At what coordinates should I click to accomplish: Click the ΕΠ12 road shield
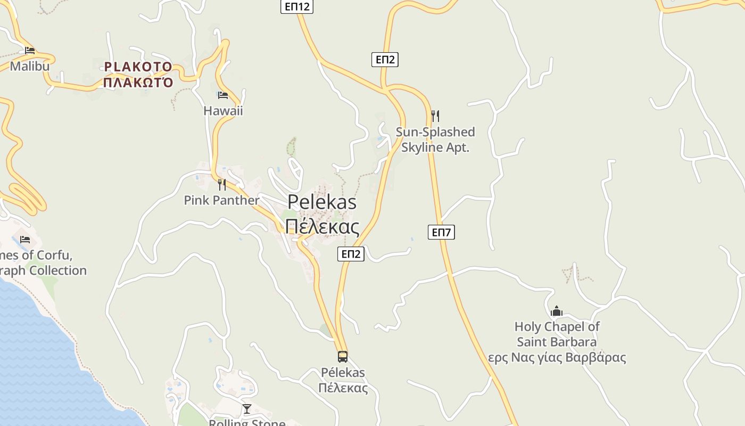click(x=297, y=6)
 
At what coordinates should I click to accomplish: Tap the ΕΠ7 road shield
click(x=441, y=232)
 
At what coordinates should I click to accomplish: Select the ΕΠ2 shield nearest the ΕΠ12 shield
click(x=385, y=59)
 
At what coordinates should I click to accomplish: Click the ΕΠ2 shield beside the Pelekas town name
click(x=351, y=254)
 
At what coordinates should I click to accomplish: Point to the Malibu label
click(x=30, y=66)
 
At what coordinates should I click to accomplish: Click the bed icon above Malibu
click(x=30, y=51)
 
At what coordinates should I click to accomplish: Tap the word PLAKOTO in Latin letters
click(x=138, y=67)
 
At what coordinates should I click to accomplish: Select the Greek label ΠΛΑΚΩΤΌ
click(x=138, y=83)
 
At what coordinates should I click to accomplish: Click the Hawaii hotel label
click(x=223, y=111)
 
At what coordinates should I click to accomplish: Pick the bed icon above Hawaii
click(x=223, y=95)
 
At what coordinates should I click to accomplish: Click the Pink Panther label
click(x=221, y=200)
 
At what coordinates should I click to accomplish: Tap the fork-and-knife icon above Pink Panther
click(x=222, y=185)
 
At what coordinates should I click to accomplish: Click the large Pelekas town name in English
click(x=322, y=202)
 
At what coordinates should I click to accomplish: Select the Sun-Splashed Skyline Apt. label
click(x=435, y=140)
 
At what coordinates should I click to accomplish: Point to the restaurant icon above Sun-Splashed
click(x=435, y=116)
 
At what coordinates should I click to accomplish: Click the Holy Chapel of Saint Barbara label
click(x=557, y=334)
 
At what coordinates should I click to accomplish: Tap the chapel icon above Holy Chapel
click(x=557, y=311)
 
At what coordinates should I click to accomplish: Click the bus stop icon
click(x=343, y=357)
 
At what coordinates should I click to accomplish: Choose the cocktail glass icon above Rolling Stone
click(x=247, y=409)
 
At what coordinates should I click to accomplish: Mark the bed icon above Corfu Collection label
click(x=25, y=240)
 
